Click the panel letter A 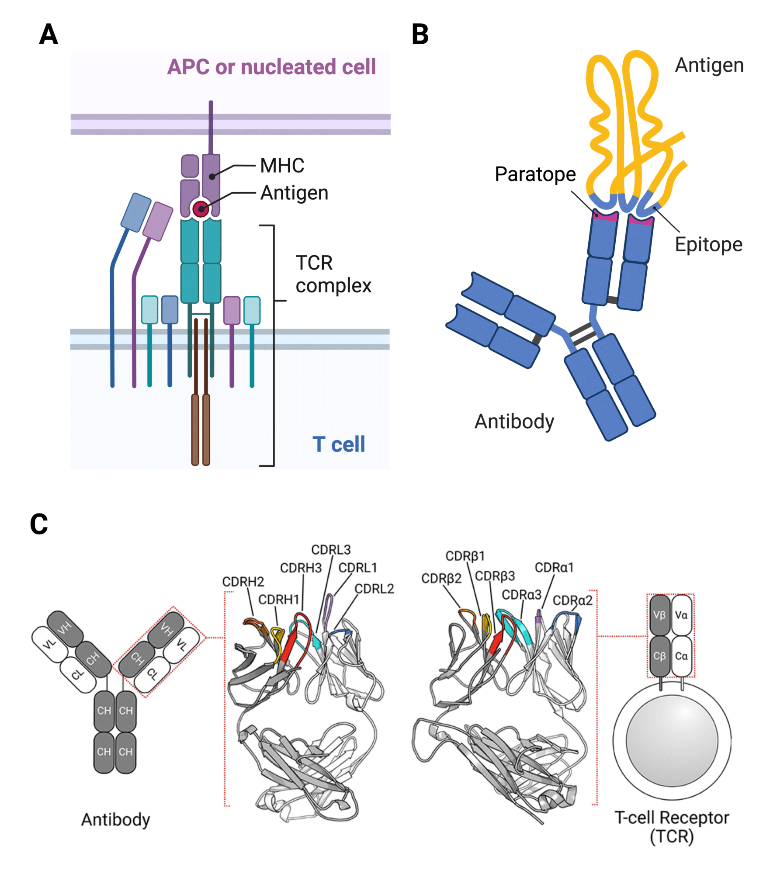pyautogui.click(x=48, y=34)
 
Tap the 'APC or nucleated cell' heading pyautogui.click(x=271, y=67)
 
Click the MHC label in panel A pyautogui.click(x=282, y=166)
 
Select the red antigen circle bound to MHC pyautogui.click(x=201, y=209)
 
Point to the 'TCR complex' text pyautogui.click(x=333, y=274)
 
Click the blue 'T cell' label pyautogui.click(x=338, y=444)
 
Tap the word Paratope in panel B pyautogui.click(x=535, y=174)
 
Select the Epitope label pyautogui.click(x=708, y=244)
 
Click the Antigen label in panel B pyautogui.click(x=709, y=65)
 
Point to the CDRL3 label pyautogui.click(x=331, y=549)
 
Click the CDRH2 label pyautogui.click(x=243, y=582)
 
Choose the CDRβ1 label pyautogui.click(x=465, y=556)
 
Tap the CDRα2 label pyautogui.click(x=572, y=600)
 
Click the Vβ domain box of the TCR pyautogui.click(x=659, y=615)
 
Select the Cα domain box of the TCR pyautogui.click(x=681, y=656)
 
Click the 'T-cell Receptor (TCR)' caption pyautogui.click(x=672, y=826)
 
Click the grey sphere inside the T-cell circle pyautogui.click(x=672, y=740)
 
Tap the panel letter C pyautogui.click(x=39, y=524)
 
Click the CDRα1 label pyautogui.click(x=554, y=567)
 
